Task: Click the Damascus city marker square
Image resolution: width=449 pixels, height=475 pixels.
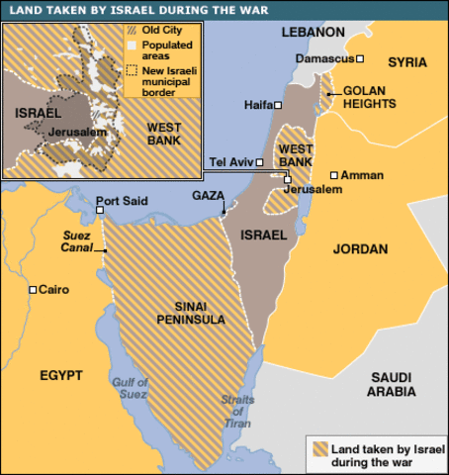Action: tap(361, 59)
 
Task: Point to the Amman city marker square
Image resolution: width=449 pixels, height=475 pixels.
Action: tap(334, 175)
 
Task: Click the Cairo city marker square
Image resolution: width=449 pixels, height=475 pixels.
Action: tap(33, 290)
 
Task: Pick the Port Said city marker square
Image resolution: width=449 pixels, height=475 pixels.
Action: tap(100, 210)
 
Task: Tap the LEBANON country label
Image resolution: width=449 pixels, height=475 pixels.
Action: tap(311, 32)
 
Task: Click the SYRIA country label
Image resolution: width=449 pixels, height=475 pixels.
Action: tap(407, 62)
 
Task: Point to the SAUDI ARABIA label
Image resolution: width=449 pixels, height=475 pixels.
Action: tap(393, 384)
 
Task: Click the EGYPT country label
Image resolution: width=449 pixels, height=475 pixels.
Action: tap(61, 375)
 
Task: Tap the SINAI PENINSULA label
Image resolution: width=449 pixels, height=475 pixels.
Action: tap(192, 313)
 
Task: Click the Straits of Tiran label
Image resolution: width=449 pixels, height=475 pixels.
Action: tap(237, 412)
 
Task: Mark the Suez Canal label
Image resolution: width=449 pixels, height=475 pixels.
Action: tap(76, 241)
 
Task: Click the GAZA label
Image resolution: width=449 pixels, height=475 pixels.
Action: tap(208, 196)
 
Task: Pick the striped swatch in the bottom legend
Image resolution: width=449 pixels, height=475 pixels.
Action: tap(323, 454)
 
